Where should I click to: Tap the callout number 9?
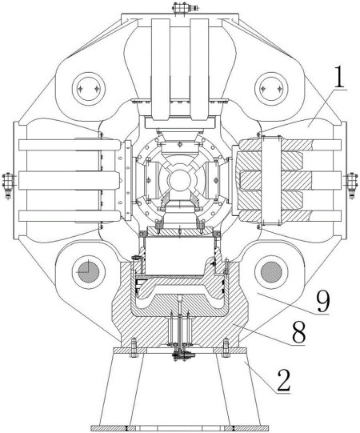pyautogui.click(x=323, y=302)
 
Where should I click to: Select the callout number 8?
pyautogui.click(x=299, y=332)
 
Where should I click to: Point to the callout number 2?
pyautogui.click(x=284, y=380)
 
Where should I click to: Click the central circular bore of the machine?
pyautogui.click(x=180, y=180)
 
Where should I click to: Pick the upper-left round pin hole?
pyautogui.click(x=88, y=89)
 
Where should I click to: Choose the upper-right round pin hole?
pyautogui.click(x=271, y=89)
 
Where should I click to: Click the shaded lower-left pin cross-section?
pyautogui.click(x=89, y=272)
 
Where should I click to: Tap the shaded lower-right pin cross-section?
pyautogui.click(x=271, y=272)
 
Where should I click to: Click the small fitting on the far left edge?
pyautogui.click(x=7, y=186)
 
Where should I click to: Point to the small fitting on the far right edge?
pyautogui.click(x=352, y=186)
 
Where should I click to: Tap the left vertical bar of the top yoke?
pyautogui.click(x=160, y=69)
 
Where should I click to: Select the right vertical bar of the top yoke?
pyautogui.click(x=199, y=69)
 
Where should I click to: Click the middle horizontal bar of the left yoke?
pyautogui.click(x=69, y=180)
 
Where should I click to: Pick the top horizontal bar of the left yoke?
pyautogui.click(x=69, y=145)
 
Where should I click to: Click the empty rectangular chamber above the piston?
pyautogui.click(x=179, y=255)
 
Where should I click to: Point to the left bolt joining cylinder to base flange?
pyautogui.click(x=134, y=347)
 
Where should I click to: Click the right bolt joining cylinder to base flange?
pyautogui.click(x=226, y=347)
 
